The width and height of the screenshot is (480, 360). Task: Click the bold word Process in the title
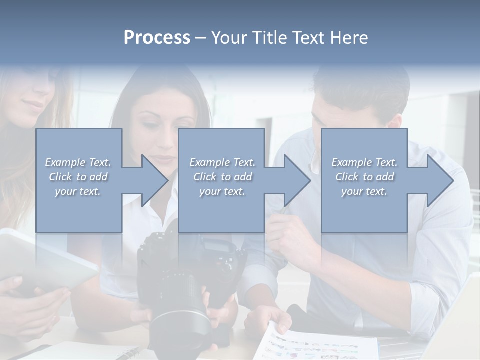[157, 38]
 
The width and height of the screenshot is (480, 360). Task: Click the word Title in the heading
[268, 38]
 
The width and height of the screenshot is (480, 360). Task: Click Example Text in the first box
[78, 162]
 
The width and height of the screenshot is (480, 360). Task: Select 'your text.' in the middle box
[222, 191]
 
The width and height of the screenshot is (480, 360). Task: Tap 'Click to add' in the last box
[364, 177]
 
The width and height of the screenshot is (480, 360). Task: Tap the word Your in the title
[230, 38]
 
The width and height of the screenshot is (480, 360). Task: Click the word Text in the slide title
[307, 38]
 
